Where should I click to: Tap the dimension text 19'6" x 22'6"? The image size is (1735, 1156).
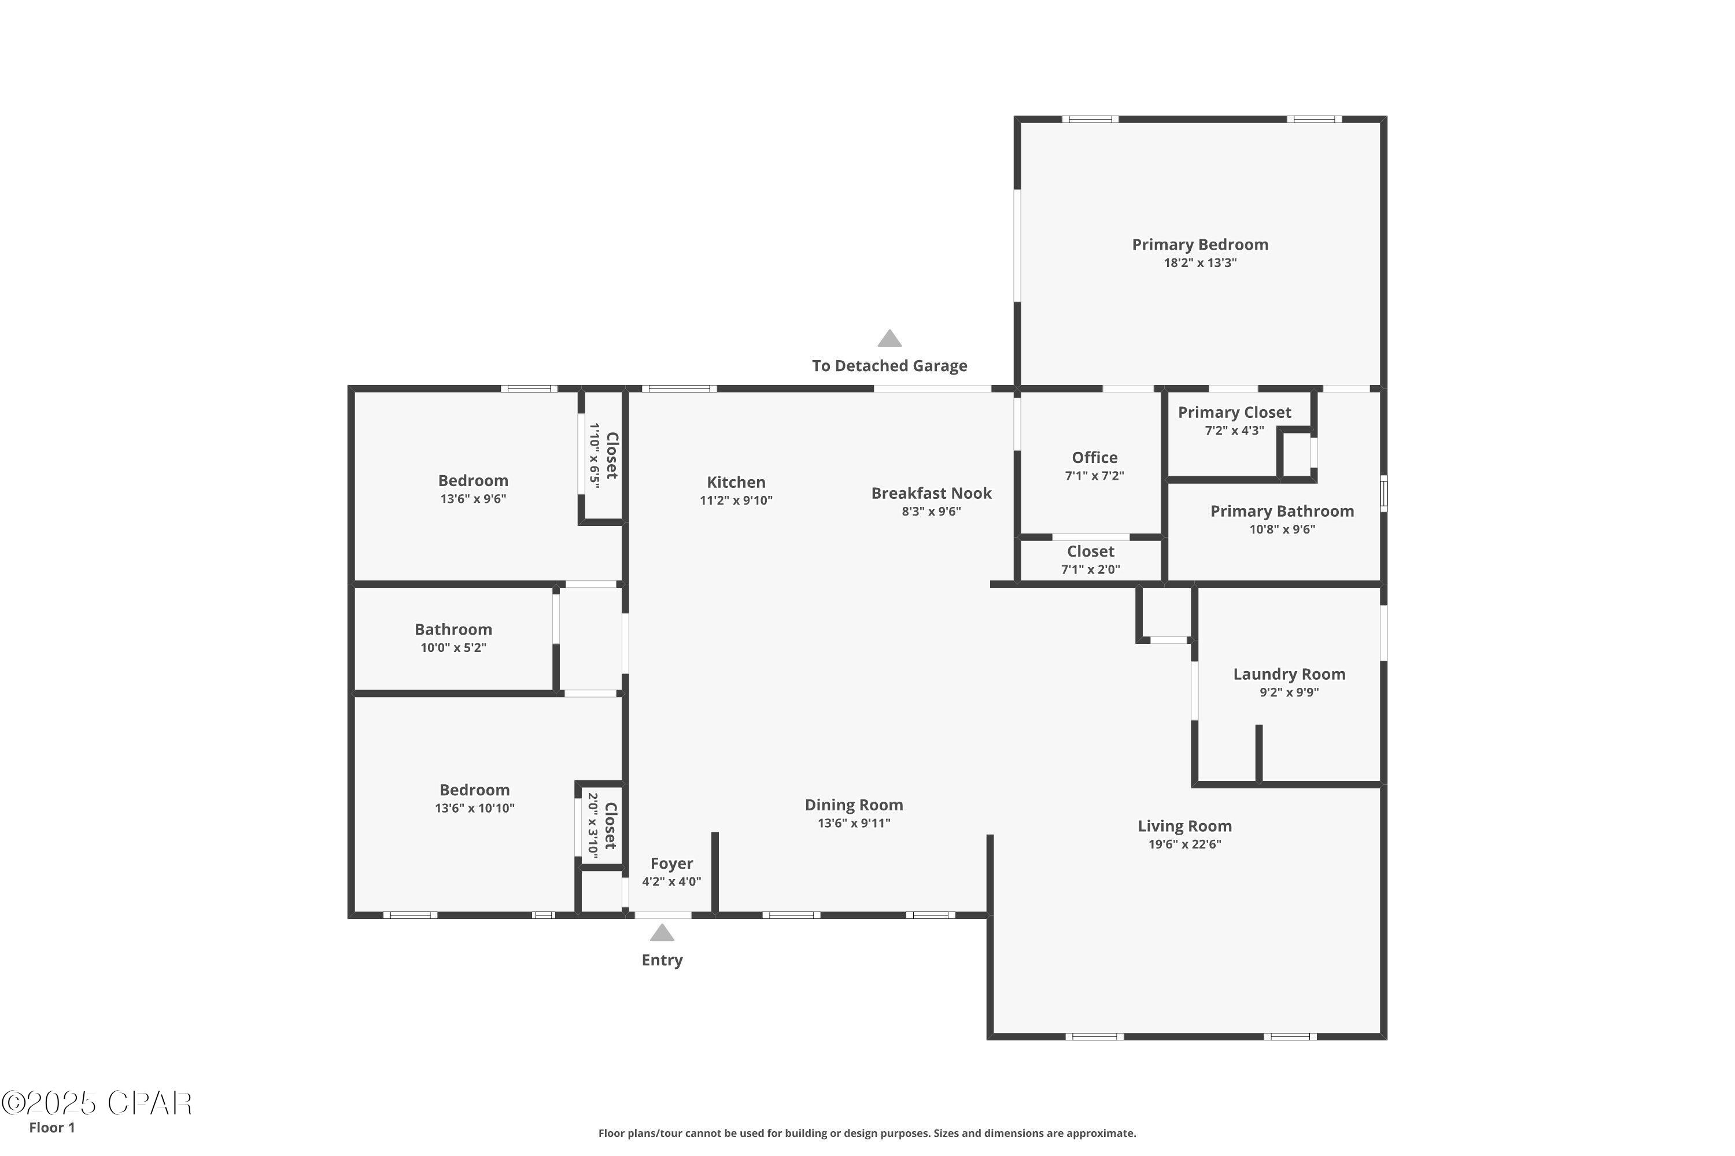[x=1184, y=844]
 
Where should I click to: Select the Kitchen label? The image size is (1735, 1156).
[x=736, y=482]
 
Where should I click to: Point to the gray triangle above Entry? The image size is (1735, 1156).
[x=662, y=933]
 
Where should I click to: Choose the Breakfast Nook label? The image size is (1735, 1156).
[x=931, y=493]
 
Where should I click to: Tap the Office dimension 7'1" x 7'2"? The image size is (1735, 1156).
[x=1094, y=476]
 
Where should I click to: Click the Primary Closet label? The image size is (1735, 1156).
[x=1234, y=413]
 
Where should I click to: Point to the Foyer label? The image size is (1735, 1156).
[x=671, y=864]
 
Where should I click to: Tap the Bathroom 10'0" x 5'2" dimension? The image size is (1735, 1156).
[x=453, y=648]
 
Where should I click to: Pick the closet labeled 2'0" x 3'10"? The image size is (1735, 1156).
[x=602, y=826]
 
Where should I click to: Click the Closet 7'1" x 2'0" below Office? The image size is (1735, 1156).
[x=1090, y=560]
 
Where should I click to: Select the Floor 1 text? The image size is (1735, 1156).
[x=51, y=1127]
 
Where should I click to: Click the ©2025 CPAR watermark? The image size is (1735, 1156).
[x=96, y=1103]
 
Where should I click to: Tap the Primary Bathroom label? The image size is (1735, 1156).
[x=1282, y=512]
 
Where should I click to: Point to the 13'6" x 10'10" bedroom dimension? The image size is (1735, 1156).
[x=474, y=808]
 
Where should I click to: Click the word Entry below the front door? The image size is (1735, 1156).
[x=662, y=960]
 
